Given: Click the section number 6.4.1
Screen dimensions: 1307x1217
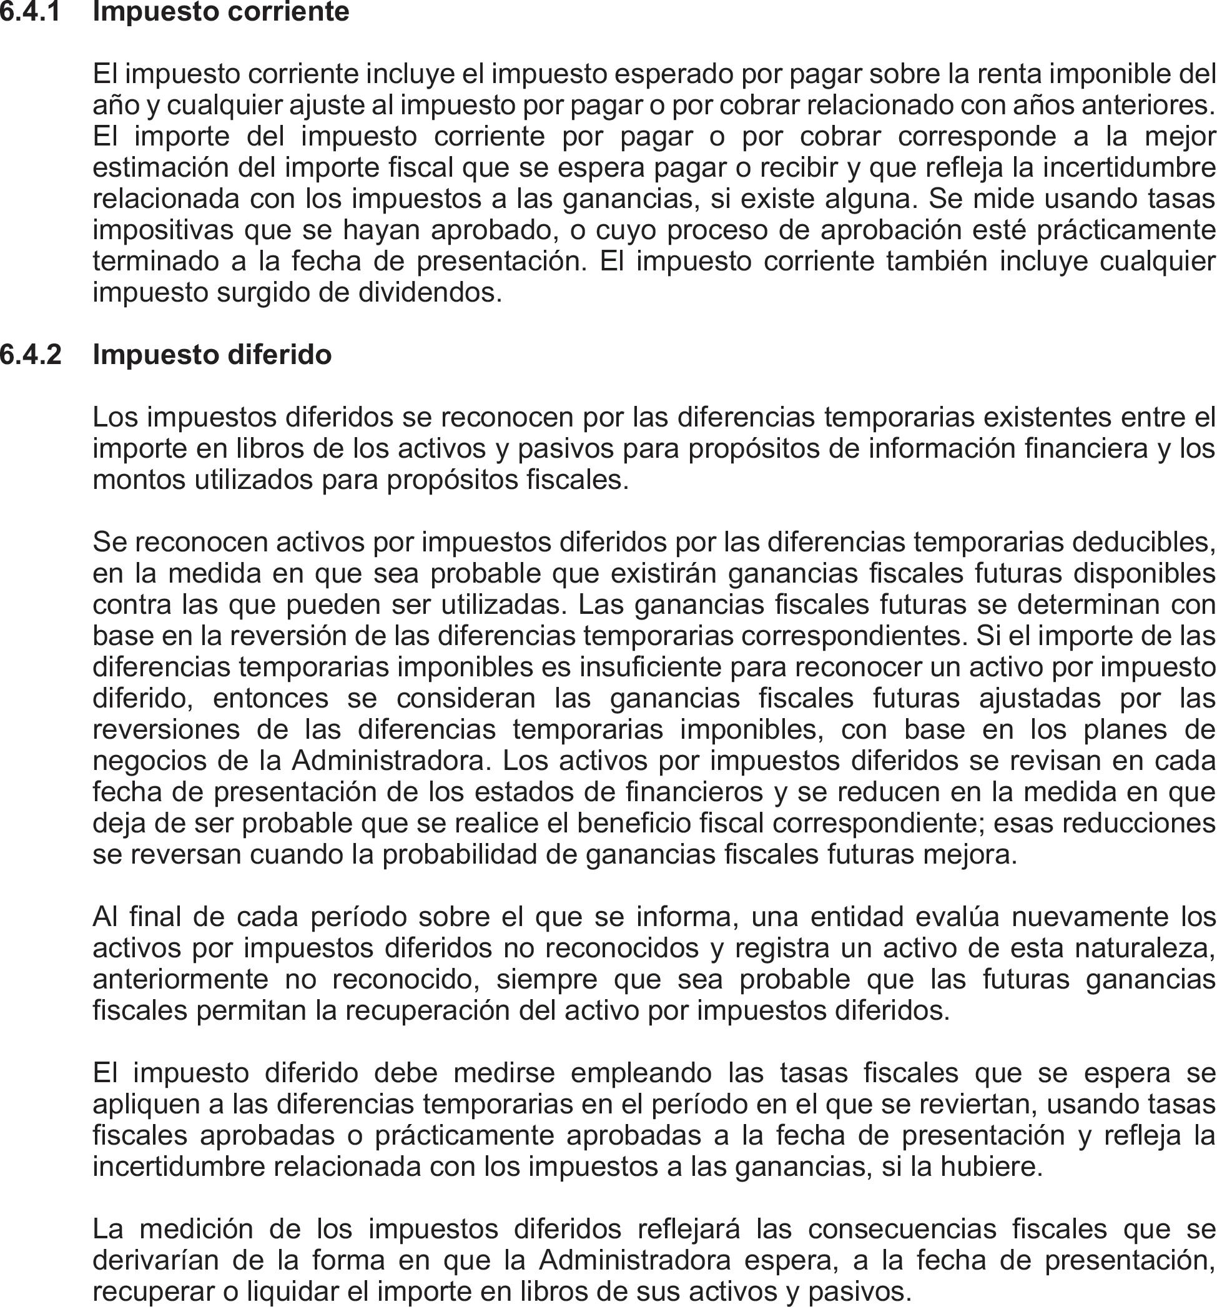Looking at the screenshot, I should point(30,12).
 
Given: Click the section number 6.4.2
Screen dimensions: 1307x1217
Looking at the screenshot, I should point(30,355).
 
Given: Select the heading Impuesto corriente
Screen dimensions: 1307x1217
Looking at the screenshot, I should point(221,12).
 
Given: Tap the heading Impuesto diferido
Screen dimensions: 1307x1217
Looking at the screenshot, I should point(212,355).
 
